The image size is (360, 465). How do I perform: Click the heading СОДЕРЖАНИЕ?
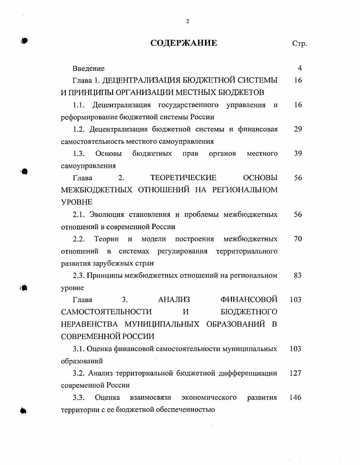(184, 44)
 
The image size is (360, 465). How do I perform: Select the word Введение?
(89, 69)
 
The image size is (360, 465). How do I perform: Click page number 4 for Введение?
(300, 69)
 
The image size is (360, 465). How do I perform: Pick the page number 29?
(298, 129)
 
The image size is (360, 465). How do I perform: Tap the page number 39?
(298, 154)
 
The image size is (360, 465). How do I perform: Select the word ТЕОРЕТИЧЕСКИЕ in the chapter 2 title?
(183, 178)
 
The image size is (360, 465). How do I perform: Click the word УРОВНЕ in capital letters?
(77, 202)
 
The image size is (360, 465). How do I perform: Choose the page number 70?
(298, 239)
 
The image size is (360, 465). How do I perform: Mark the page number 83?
(298, 275)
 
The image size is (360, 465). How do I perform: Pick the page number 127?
(296, 373)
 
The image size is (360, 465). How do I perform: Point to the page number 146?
(296, 398)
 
